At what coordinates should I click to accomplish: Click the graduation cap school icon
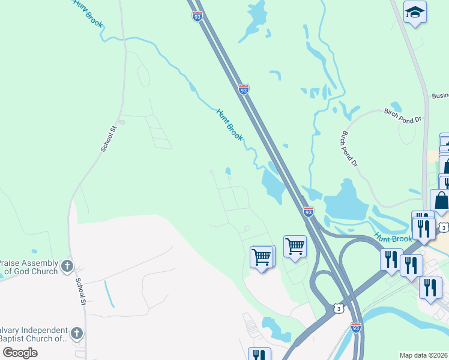click(415, 12)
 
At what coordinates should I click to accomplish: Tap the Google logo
click(20, 353)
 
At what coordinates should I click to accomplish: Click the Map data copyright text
click(424, 355)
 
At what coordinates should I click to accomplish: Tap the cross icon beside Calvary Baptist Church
click(76, 333)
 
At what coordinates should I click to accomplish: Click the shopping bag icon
click(441, 201)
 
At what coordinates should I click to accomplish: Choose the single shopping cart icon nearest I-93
click(295, 245)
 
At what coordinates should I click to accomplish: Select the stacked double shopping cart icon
click(262, 257)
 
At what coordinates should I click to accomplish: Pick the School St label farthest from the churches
click(107, 137)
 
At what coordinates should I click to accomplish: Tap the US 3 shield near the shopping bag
click(443, 227)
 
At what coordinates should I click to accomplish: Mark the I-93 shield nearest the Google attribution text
click(356, 328)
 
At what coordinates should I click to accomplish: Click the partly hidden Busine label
click(440, 96)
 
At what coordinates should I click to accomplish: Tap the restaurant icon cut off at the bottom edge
click(259, 354)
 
